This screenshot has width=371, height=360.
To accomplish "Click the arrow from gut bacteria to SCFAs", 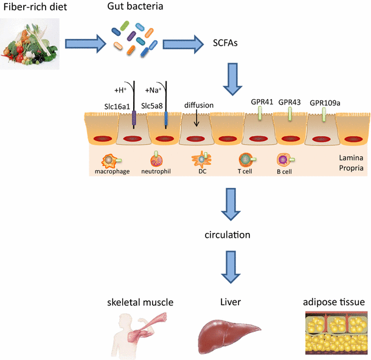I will point(183,44).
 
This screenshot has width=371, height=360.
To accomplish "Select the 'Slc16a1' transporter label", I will point(115,105).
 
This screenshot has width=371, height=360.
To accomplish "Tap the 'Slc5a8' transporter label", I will point(154,105).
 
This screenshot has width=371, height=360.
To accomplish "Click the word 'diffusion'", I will point(199,105).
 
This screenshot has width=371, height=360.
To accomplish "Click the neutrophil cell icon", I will point(158,160).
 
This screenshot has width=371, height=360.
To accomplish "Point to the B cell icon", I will point(283,160).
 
